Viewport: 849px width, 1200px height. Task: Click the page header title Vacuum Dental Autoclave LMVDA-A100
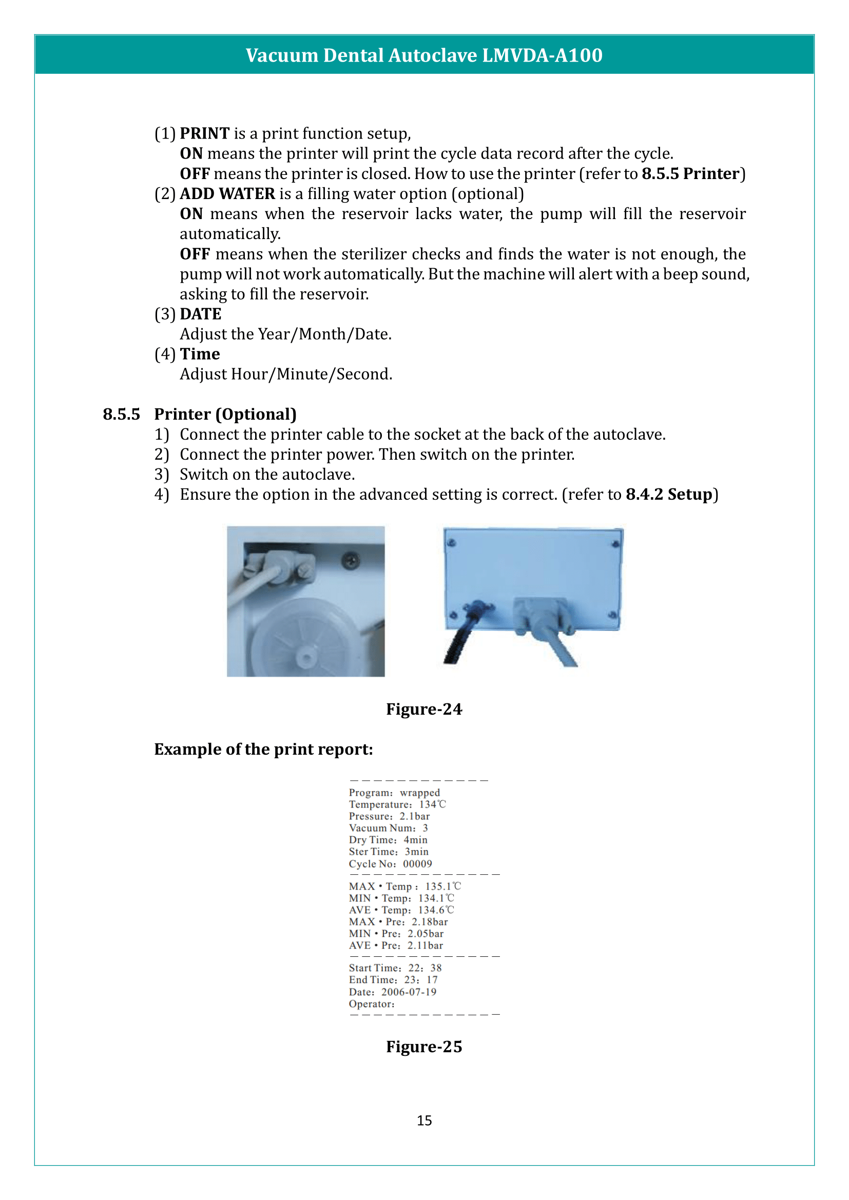tap(424, 55)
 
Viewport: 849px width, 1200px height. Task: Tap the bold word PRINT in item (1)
tap(204, 133)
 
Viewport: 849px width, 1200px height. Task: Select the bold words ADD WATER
tap(227, 193)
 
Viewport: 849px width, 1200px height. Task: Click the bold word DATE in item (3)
tap(200, 313)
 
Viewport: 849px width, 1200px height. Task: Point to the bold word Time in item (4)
tap(200, 354)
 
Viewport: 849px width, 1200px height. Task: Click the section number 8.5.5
tap(121, 414)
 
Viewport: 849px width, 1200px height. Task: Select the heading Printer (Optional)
tap(225, 414)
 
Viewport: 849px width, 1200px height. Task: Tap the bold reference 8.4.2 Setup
tap(669, 494)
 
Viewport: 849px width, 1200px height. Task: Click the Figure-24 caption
tap(424, 709)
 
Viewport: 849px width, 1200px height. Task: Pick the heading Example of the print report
tap(263, 749)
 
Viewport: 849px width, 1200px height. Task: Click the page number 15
tap(424, 1120)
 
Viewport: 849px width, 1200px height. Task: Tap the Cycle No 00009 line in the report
tap(390, 864)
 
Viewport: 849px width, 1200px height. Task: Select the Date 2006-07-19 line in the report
tap(392, 992)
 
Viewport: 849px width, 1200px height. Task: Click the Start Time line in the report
tap(395, 968)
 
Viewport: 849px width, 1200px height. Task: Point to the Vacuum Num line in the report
tap(388, 828)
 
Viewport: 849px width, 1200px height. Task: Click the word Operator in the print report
tap(371, 1004)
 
